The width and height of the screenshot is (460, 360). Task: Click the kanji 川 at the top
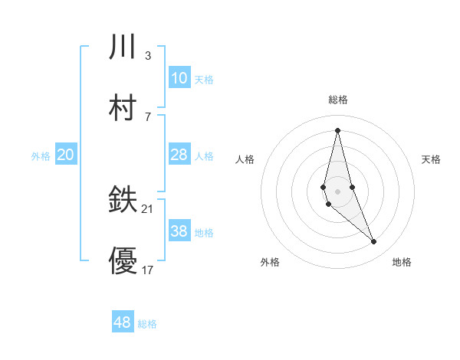pos(123,47)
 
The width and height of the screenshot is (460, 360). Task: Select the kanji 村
pos(123,108)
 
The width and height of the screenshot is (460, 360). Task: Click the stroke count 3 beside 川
pos(148,55)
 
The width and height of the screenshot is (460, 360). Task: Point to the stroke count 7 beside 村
pos(148,116)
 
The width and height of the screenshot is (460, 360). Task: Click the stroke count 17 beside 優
pos(148,270)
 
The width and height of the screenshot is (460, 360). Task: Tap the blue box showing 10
pos(179,78)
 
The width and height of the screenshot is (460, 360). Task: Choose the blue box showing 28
pos(179,155)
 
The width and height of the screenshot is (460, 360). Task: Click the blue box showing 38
pos(179,231)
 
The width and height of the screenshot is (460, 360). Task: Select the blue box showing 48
pos(123,322)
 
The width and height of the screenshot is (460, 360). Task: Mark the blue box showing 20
pos(66,155)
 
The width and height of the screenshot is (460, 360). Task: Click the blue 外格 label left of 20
pos(41,156)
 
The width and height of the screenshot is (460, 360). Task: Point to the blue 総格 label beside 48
pos(147,324)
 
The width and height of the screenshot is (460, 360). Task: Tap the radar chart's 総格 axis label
pos(338,100)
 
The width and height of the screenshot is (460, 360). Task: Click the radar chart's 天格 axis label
pos(431,159)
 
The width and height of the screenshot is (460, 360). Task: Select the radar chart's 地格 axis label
pos(402,262)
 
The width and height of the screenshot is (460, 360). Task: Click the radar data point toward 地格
pos(374,242)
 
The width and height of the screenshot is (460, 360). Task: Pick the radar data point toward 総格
pos(337,129)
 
